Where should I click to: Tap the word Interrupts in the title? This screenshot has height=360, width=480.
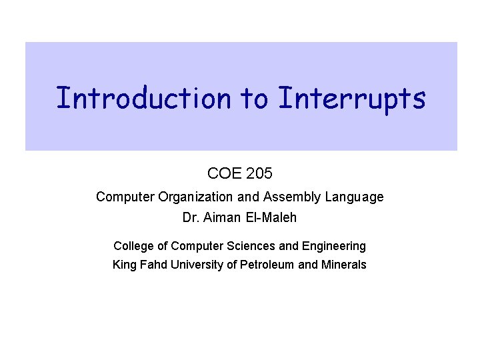click(x=351, y=98)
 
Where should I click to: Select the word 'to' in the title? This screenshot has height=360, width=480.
click(x=254, y=98)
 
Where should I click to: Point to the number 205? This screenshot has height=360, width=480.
click(x=259, y=174)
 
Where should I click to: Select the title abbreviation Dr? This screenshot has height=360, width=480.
click(x=189, y=217)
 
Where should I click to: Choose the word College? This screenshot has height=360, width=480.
click(x=133, y=246)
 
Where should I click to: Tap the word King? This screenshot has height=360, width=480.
click(x=124, y=265)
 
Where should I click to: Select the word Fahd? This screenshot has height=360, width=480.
click(x=153, y=265)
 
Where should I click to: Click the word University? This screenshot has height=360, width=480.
click(x=197, y=265)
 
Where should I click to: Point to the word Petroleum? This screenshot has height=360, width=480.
click(x=267, y=265)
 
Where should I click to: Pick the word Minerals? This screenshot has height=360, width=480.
click(x=343, y=265)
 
